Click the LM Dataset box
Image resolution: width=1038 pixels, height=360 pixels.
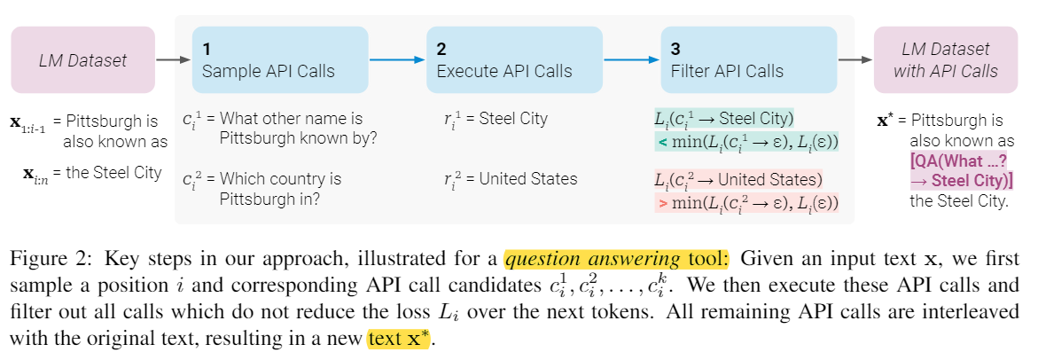pyautogui.click(x=82, y=60)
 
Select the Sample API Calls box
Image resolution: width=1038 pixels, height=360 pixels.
pyautogui.click(x=279, y=60)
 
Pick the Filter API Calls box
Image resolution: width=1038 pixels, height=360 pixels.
pyautogui.click(x=748, y=60)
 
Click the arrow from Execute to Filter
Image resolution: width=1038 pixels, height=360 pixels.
pyautogui.click(x=631, y=60)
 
